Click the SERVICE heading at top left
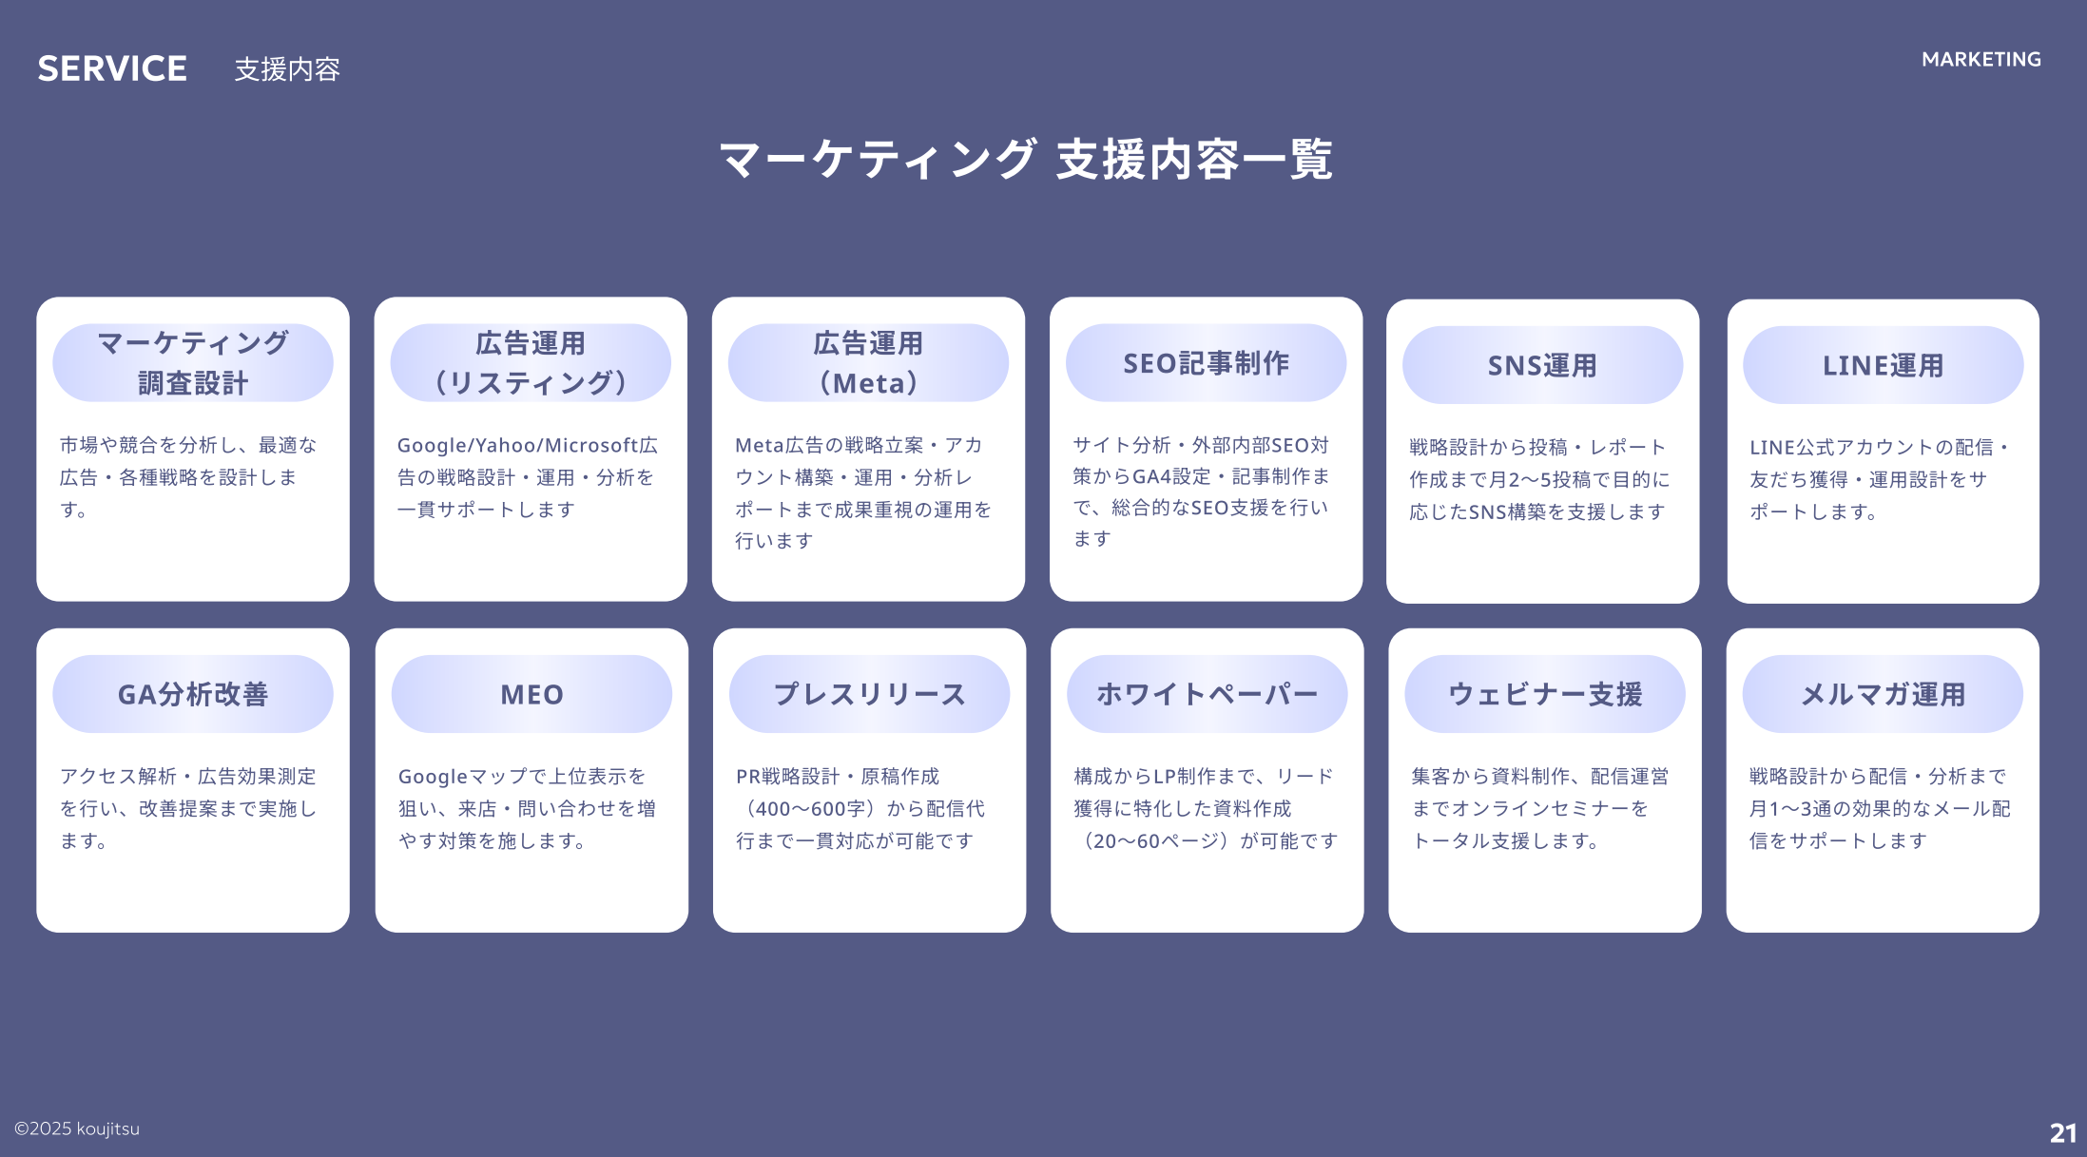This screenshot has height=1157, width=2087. pos(112,68)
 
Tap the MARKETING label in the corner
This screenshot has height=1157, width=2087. pos(1981,59)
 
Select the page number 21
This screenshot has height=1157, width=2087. pos(2062,1132)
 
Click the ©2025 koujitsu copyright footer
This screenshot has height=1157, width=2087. pos(77,1128)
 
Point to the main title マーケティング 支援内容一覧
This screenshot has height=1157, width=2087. pos(1025,159)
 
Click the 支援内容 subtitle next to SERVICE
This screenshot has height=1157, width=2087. pos(287,69)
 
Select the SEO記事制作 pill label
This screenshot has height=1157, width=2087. pos(1206,363)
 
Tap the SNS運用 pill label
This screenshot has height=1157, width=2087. pos(1542,365)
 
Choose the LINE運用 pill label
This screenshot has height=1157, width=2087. pos(1883,365)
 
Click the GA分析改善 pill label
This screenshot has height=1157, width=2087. pos(193,694)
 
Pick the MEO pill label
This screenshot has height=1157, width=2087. pos(531,694)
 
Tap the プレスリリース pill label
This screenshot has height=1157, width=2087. pos(869,694)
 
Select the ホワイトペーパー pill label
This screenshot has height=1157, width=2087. pos(1207,694)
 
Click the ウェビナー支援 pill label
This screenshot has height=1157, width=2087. pos(1545,694)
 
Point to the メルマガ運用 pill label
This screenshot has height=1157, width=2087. pos(1883,694)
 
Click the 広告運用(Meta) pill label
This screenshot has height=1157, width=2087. pos(868,363)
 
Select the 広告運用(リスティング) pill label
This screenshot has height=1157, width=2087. pos(531,363)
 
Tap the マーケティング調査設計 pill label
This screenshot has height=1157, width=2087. pos(193,363)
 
